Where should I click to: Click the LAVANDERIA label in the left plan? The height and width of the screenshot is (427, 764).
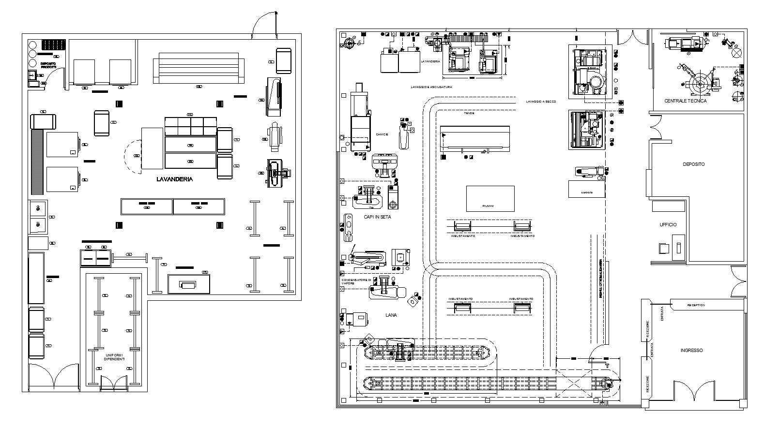174,179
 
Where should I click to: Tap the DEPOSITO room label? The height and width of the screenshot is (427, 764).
693,164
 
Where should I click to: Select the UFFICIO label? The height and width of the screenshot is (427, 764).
668,225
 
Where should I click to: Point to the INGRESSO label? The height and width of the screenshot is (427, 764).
691,351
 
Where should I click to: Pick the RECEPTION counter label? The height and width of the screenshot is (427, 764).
696,305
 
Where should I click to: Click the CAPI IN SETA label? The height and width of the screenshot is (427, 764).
377,217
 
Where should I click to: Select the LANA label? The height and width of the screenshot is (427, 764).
391,315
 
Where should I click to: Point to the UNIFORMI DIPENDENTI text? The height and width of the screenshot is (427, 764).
114,357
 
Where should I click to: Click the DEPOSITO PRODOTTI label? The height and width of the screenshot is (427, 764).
48,65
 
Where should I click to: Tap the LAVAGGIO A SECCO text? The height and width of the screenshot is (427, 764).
541,102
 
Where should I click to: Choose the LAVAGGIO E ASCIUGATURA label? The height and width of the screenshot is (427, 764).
431,87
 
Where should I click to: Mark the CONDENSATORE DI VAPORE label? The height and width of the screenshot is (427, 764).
356,281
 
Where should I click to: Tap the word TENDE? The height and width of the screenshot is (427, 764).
469,113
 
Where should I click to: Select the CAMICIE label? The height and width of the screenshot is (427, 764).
382,134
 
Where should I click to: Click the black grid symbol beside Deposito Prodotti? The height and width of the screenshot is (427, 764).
53,45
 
